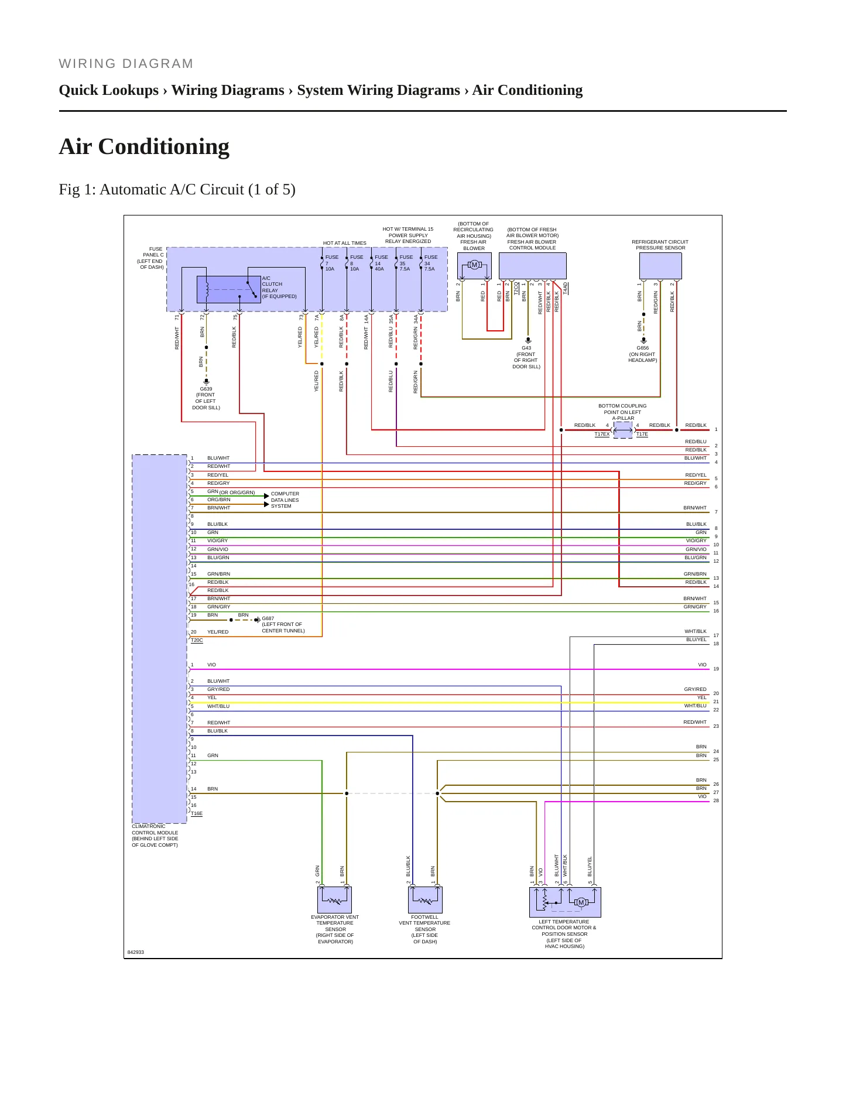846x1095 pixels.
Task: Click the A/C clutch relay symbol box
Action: [229, 290]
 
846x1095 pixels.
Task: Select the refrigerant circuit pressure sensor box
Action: [660, 266]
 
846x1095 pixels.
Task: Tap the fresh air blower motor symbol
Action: [474, 265]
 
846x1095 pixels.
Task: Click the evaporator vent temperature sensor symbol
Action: [335, 900]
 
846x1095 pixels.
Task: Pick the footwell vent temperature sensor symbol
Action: [425, 900]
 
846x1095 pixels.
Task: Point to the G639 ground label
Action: [206, 389]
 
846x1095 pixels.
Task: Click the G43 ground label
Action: [526, 348]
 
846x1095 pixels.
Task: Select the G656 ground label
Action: [643, 348]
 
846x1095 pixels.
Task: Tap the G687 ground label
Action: [268, 618]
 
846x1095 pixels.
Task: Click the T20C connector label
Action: [197, 641]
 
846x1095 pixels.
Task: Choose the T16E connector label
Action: [197, 814]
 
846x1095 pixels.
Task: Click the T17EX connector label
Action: [602, 434]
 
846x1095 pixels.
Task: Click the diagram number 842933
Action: [136, 952]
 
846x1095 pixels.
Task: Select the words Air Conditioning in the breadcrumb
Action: [528, 90]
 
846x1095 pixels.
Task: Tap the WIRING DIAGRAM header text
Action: [126, 64]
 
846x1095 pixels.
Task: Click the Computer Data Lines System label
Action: [285, 500]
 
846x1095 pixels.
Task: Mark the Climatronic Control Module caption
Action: [155, 836]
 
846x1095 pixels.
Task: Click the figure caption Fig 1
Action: [177, 190]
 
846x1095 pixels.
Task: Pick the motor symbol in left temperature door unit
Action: [581, 902]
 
